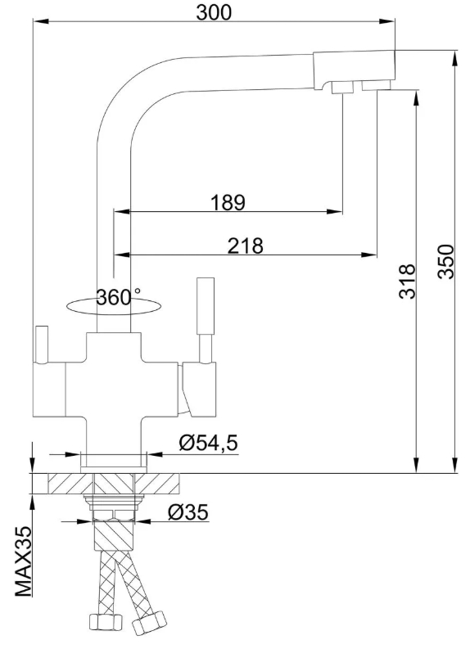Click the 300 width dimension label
(214, 12)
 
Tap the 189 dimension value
(228, 202)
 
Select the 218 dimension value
(246, 246)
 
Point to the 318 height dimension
(407, 282)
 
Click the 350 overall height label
(445, 262)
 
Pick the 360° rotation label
(119, 297)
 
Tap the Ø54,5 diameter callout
(208, 443)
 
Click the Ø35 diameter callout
(188, 512)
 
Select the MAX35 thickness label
(24, 562)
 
